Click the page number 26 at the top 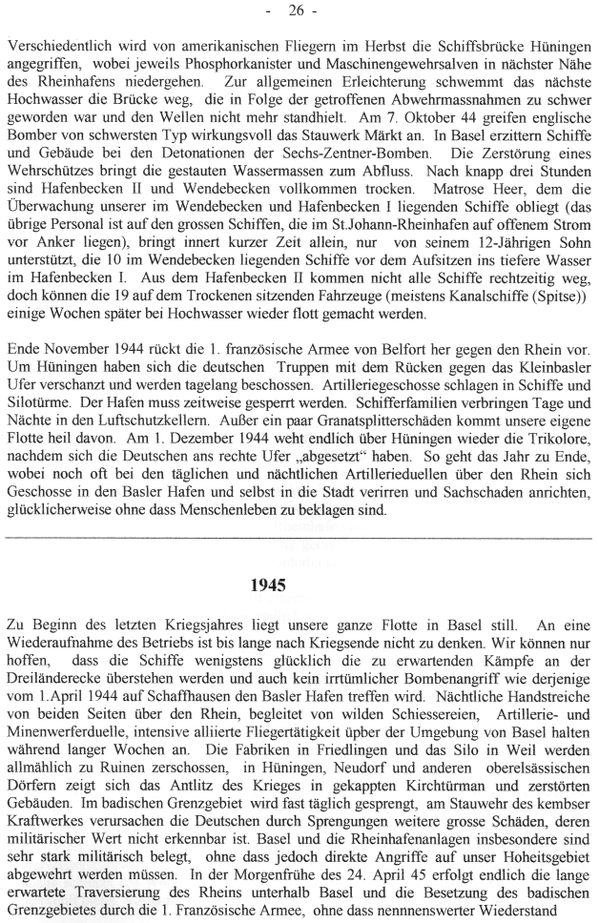coord(299,11)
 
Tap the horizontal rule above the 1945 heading coord(299,540)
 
